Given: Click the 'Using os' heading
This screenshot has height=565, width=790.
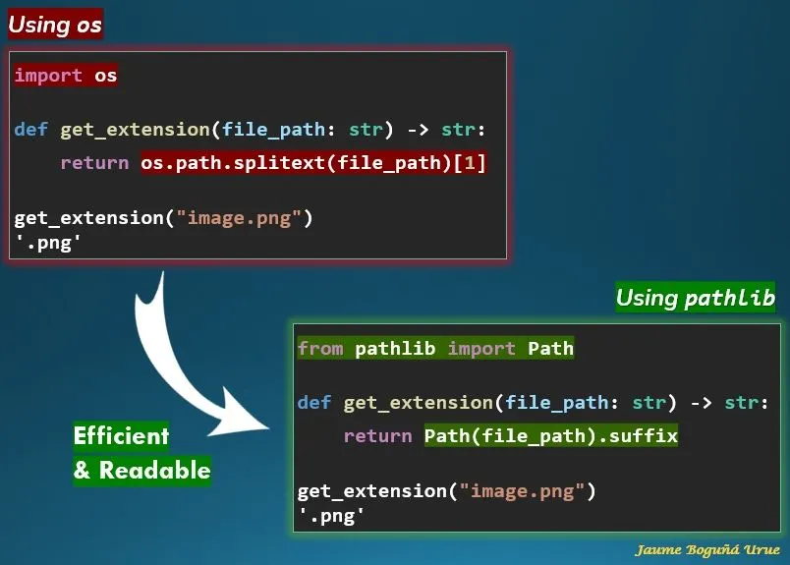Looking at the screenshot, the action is click(x=55, y=24).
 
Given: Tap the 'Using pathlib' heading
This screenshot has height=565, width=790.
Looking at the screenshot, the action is click(x=696, y=298).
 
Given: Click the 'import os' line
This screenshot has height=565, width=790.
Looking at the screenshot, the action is click(x=66, y=76).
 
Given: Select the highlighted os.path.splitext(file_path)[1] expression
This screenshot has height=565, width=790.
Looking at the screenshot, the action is click(x=313, y=163).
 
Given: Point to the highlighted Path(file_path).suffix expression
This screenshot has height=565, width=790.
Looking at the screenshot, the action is click(x=551, y=435).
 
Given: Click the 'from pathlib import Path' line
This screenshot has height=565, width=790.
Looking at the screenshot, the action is click(x=435, y=348).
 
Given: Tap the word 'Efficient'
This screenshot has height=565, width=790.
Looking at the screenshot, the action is click(x=121, y=435).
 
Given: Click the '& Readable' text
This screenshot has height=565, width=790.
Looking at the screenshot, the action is click(x=141, y=471).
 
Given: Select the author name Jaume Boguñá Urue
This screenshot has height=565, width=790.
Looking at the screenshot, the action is click(x=707, y=550).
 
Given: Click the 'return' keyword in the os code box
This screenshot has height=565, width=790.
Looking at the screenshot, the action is click(x=94, y=163).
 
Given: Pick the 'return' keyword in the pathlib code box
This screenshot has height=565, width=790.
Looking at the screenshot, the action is click(x=377, y=435).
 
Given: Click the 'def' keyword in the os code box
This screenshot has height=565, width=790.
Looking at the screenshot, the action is click(x=30, y=130).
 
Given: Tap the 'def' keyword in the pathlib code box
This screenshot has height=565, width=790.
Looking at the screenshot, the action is click(x=313, y=403).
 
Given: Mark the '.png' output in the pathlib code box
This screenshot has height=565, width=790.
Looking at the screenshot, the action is click(x=331, y=514).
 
